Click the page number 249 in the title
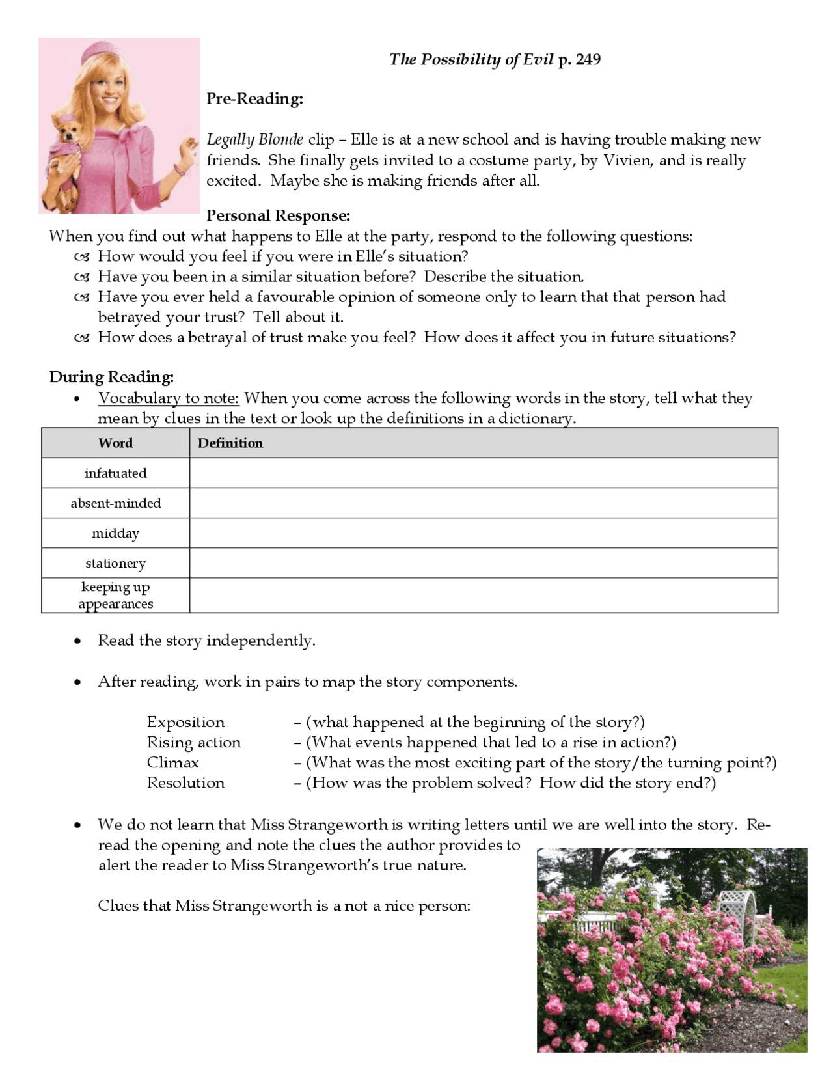click(588, 59)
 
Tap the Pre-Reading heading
click(254, 98)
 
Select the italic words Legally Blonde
click(254, 139)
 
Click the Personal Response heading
click(278, 215)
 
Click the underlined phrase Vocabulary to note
click(169, 398)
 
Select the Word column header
click(116, 443)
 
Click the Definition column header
click(230, 443)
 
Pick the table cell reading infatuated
click(116, 473)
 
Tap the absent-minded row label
click(116, 503)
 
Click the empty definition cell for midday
click(483, 533)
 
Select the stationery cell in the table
click(116, 563)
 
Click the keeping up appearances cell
click(116, 595)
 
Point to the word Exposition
click(185, 722)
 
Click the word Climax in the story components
click(172, 762)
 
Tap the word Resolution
click(185, 782)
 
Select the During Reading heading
click(111, 377)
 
